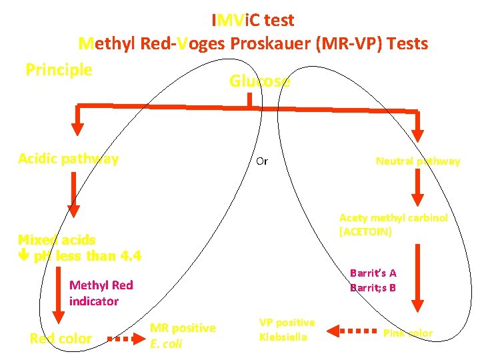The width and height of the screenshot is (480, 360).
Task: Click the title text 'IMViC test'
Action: tap(253, 20)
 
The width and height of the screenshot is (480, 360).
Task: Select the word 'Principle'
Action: tap(59, 69)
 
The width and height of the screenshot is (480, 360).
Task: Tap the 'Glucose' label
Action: tap(259, 81)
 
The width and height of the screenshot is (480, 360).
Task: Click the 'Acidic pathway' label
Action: tap(68, 159)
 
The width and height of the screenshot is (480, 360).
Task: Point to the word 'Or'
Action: tap(262, 161)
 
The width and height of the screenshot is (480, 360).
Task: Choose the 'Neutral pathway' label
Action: tap(417, 161)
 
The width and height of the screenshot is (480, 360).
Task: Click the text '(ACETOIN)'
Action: tap(365, 232)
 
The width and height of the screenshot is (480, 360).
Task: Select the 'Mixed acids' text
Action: tap(57, 240)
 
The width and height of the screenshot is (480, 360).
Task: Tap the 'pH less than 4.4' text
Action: tap(87, 256)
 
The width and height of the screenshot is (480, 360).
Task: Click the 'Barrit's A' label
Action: tap(373, 273)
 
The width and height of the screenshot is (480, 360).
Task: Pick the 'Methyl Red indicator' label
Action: tap(101, 293)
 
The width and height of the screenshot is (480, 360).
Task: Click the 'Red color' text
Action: tap(61, 339)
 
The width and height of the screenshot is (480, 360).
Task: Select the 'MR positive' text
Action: tap(182, 328)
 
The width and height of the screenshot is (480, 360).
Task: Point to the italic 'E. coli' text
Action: tap(166, 344)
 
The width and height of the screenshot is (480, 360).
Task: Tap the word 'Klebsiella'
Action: tap(283, 337)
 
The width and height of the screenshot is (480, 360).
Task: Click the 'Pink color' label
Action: tap(407, 333)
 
